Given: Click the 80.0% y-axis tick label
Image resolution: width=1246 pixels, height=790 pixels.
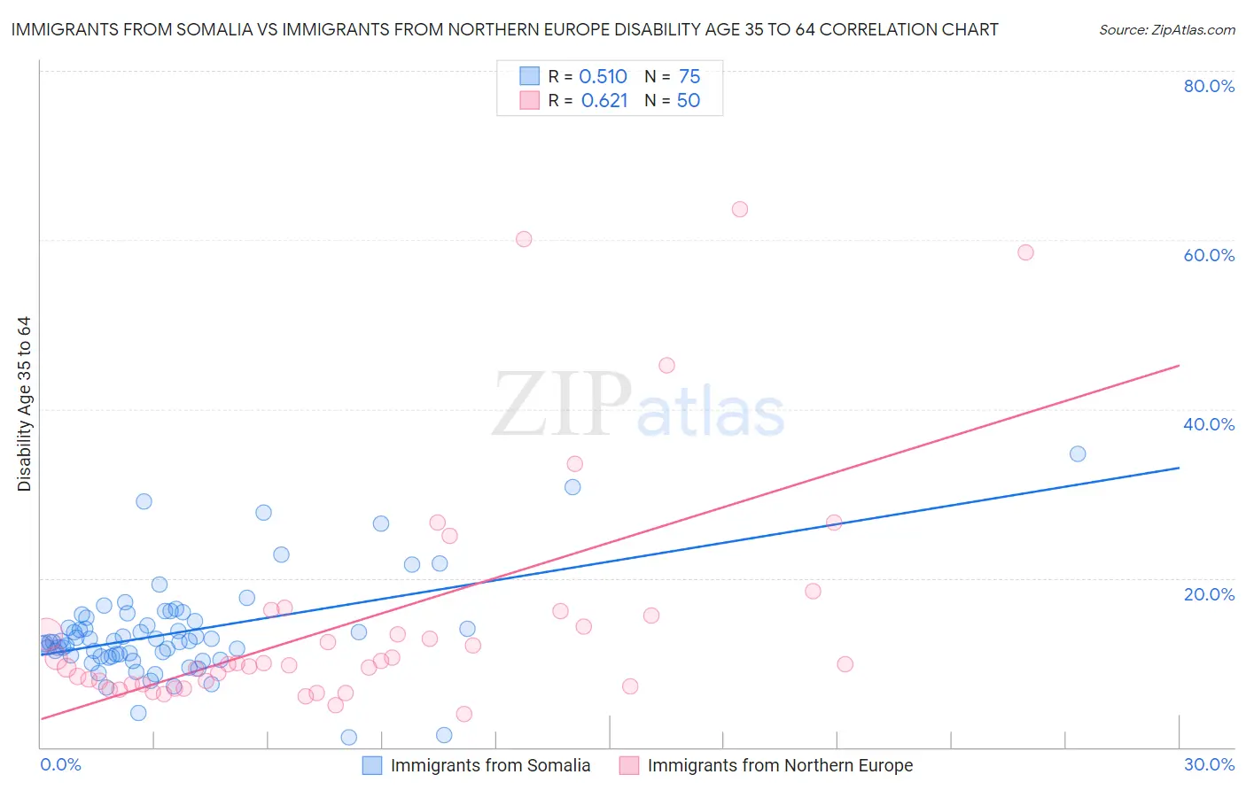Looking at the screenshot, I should pos(1209,86).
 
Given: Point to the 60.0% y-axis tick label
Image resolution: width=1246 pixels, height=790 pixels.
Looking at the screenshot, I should pos(1209,255).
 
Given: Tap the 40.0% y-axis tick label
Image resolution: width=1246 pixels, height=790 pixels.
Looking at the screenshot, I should pos(1209,424).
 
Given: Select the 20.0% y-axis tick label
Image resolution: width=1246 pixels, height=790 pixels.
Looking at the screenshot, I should pos(1209,594).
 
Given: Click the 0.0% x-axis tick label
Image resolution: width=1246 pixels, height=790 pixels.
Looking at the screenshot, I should pos(60,764).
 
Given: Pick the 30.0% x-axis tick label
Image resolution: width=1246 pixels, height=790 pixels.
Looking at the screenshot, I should pos(1209,764).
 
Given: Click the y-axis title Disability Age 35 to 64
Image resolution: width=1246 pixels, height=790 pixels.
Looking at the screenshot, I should pos(24,404).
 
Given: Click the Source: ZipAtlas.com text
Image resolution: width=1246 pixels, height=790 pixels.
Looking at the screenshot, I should pos(1166,30).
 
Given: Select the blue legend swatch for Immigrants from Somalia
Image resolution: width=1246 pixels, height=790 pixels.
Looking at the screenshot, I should pos(372,765).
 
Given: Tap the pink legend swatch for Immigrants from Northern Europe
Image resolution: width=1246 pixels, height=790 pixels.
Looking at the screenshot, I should pos(629,765).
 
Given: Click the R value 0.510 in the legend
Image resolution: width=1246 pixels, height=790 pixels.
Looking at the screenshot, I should pos(603,77).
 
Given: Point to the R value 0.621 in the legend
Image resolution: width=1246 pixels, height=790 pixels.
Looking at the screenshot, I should pos(604,101).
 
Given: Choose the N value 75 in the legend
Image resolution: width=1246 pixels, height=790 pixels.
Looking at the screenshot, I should pos(689,77).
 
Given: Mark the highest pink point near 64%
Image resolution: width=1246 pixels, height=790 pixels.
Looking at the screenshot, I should pos(740,209).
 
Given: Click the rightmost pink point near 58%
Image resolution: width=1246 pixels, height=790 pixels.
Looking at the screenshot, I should pos(1025,252).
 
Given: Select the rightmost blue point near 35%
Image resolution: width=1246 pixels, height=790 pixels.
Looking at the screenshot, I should pos(1078,453).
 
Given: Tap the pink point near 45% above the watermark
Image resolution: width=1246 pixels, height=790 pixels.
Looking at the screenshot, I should pos(666,365).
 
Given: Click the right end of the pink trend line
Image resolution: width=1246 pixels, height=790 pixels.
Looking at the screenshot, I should pos(1179,365).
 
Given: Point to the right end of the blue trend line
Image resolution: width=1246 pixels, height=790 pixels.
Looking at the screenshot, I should pos(1179,468).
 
